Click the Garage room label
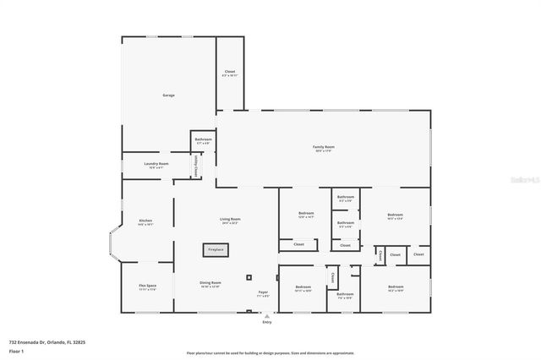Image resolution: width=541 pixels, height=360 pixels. [x=168, y=95]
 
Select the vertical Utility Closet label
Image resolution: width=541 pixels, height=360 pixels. [x=196, y=166]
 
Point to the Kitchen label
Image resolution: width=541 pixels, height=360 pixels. [x=145, y=221]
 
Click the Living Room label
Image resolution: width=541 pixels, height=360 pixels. [x=230, y=220]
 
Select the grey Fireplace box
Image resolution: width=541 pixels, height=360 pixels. [x=216, y=249]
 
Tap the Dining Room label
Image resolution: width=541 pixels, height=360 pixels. [x=210, y=283]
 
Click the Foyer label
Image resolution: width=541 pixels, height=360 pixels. [x=264, y=292]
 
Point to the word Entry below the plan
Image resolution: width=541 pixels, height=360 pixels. [x=267, y=322]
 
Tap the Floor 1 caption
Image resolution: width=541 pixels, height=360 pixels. [x=17, y=351]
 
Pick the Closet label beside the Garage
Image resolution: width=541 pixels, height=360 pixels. [x=230, y=72]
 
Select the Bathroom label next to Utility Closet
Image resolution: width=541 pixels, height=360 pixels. [x=203, y=139]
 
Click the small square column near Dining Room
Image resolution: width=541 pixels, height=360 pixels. [x=249, y=277]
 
